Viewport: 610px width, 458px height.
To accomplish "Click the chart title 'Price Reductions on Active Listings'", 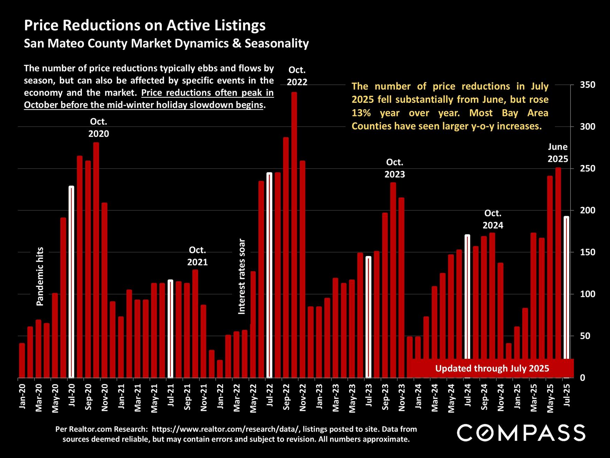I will tap(145, 25).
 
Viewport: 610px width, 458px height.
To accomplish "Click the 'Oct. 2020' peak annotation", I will tap(99, 128).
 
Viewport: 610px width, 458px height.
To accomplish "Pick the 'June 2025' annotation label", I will tap(558, 153).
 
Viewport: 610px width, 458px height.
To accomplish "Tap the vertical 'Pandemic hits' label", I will tap(40, 276).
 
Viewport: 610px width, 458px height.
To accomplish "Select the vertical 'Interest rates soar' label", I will tap(242, 276).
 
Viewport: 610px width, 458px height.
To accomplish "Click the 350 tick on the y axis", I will tap(587, 85).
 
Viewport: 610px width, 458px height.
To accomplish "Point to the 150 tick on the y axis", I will tap(587, 252).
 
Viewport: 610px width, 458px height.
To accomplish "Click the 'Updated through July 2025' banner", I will tap(492, 368).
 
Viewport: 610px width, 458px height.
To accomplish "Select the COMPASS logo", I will tap(521, 433).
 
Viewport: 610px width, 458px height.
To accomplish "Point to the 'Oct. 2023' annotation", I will tap(395, 168).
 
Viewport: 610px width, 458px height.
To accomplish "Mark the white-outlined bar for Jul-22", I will tap(269, 275).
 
